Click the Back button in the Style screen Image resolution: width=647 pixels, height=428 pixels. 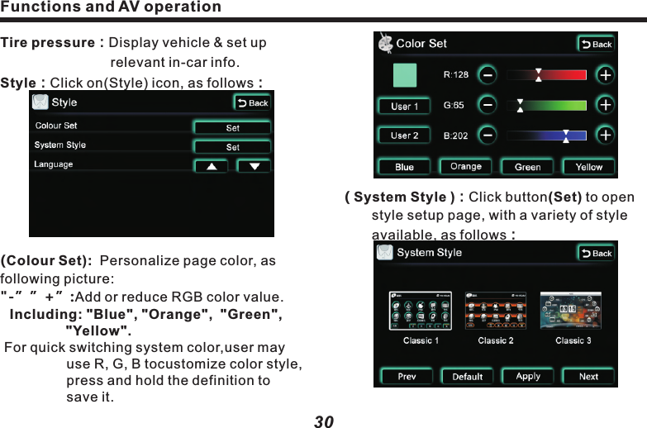tap(253, 103)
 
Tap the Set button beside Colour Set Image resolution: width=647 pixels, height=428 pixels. tap(232, 127)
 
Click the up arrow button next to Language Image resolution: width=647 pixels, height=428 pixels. tap(212, 166)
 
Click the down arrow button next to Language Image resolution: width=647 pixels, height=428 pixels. tap(254, 166)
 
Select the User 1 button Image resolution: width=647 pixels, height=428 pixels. tap(404, 107)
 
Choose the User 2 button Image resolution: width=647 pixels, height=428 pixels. tap(404, 136)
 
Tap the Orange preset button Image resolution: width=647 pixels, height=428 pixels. tap(466, 167)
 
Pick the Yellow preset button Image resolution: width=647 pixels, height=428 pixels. tap(589, 167)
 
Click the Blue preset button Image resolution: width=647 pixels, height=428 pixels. tap(404, 167)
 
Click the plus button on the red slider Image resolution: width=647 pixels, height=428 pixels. tap(606, 75)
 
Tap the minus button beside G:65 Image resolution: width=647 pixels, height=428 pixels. tap(488, 106)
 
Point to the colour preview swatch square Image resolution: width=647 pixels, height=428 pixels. tap(405, 74)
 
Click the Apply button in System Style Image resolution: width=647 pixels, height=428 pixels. tap(528, 376)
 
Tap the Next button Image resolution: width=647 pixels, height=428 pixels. tap(588, 376)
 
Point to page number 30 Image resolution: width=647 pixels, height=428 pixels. tap(324, 421)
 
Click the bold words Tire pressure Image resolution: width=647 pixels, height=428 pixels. tap(48, 42)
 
